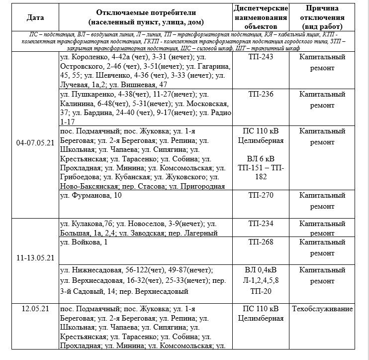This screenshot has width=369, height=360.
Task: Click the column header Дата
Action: (35, 17)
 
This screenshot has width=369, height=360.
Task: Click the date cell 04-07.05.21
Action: (35, 142)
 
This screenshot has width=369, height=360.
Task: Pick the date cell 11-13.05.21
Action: (35, 258)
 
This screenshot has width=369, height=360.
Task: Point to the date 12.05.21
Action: (35, 309)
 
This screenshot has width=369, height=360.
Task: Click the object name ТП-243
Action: (261, 57)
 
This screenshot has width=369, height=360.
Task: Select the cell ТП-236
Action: (261, 94)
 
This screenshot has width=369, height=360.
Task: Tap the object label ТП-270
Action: (261, 195)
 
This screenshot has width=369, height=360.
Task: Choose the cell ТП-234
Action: (261, 224)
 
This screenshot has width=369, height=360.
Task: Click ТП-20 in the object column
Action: (261, 290)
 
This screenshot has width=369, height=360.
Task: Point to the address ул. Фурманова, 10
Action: (91, 195)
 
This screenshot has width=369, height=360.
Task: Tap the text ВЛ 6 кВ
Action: (261, 159)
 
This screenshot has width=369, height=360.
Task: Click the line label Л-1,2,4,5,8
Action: (261, 280)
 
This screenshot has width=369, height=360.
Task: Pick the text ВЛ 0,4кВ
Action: (261, 270)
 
